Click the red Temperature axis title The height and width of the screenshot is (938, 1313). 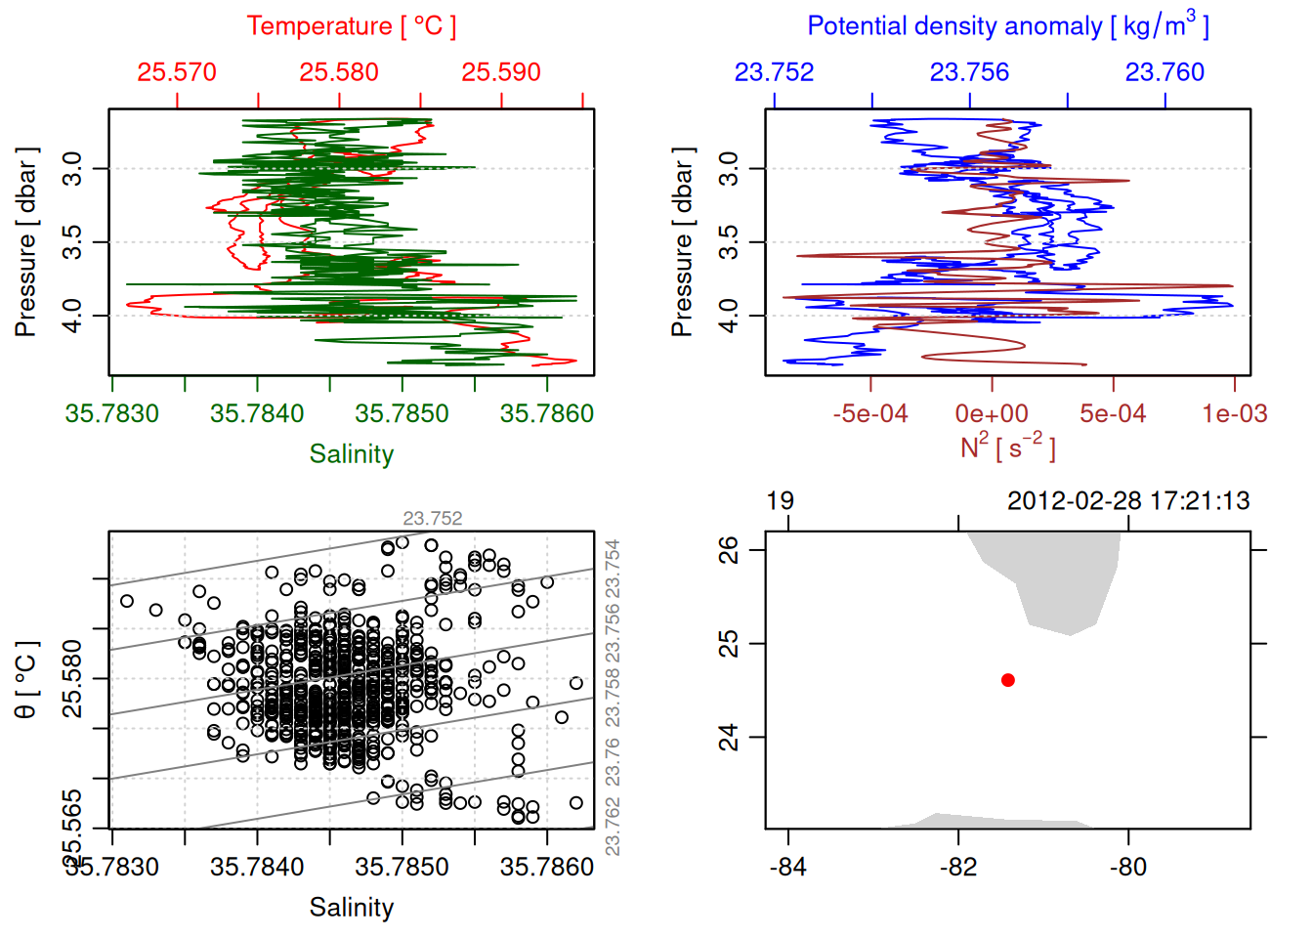351,26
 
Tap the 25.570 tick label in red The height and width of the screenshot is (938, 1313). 177,72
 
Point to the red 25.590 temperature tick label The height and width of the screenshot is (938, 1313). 501,72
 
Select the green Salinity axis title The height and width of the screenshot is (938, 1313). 351,454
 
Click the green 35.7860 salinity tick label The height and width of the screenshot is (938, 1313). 546,414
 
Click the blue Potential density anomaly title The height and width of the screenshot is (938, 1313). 1007,26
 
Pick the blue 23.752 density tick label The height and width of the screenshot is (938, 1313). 774,72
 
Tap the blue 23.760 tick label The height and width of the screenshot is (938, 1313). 1165,72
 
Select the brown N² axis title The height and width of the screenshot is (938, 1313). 1007,447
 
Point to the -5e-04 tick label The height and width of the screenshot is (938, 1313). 870,414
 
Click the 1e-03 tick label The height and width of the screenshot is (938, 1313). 1235,414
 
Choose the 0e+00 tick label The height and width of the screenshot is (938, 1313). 992,414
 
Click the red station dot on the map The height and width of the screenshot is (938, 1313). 1008,680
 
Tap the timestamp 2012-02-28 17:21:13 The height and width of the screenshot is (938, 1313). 1128,501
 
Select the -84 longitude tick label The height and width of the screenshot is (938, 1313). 787,868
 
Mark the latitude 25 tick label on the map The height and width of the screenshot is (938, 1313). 729,644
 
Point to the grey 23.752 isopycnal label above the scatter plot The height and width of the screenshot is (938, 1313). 433,519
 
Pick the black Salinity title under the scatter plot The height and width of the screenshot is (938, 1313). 351,908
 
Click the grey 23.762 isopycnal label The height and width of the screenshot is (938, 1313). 613,827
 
